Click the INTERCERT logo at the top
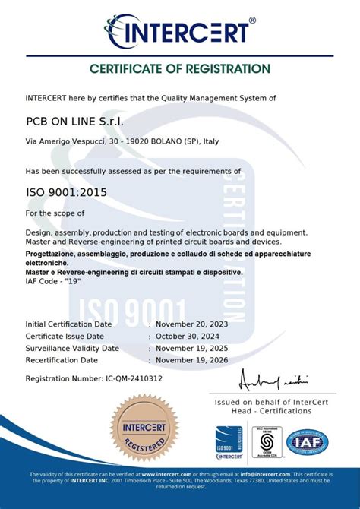point(180,31)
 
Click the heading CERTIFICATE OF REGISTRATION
point(180,68)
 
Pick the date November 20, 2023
point(191,324)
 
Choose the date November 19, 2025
point(191,348)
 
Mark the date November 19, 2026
point(191,360)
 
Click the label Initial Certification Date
point(69,324)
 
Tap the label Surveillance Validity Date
point(72,348)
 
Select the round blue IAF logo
point(307,443)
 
